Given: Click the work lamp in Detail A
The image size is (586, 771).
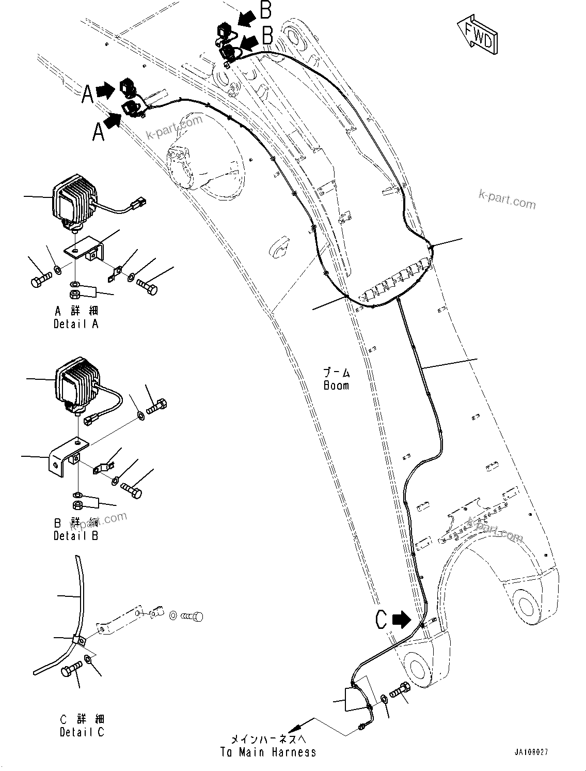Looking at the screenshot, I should pyautogui.click(x=74, y=199).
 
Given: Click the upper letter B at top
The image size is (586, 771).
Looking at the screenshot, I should pyautogui.click(x=265, y=10).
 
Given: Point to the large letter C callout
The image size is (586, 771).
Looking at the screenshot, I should pyautogui.click(x=381, y=619).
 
